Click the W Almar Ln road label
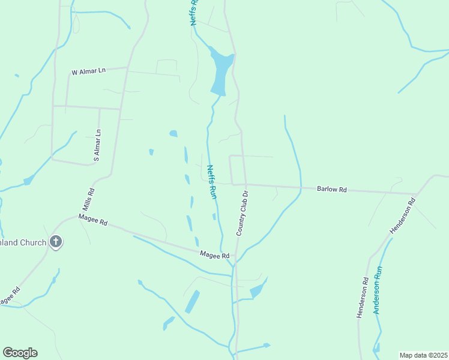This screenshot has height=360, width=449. click(x=88, y=71)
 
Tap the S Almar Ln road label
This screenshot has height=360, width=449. click(x=97, y=146)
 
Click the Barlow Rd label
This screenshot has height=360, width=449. click(x=331, y=190)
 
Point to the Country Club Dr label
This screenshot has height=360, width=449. click(x=242, y=213)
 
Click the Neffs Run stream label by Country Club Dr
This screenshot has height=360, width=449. click(x=211, y=182)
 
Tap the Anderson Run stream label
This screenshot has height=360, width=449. click(x=378, y=290)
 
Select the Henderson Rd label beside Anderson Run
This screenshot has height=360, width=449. click(x=363, y=298)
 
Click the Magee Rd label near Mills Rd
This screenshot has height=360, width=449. click(x=92, y=220)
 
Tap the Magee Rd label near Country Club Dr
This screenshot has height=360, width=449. click(x=215, y=256)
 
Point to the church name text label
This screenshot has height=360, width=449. click(x=23, y=242)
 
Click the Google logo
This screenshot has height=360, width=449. click(x=20, y=353)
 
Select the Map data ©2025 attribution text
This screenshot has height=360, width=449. click(x=423, y=355)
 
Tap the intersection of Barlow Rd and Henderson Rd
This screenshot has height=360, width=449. click(x=417, y=194)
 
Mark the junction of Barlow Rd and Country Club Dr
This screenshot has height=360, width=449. click(x=244, y=185)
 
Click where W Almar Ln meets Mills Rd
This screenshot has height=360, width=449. click(x=127, y=68)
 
